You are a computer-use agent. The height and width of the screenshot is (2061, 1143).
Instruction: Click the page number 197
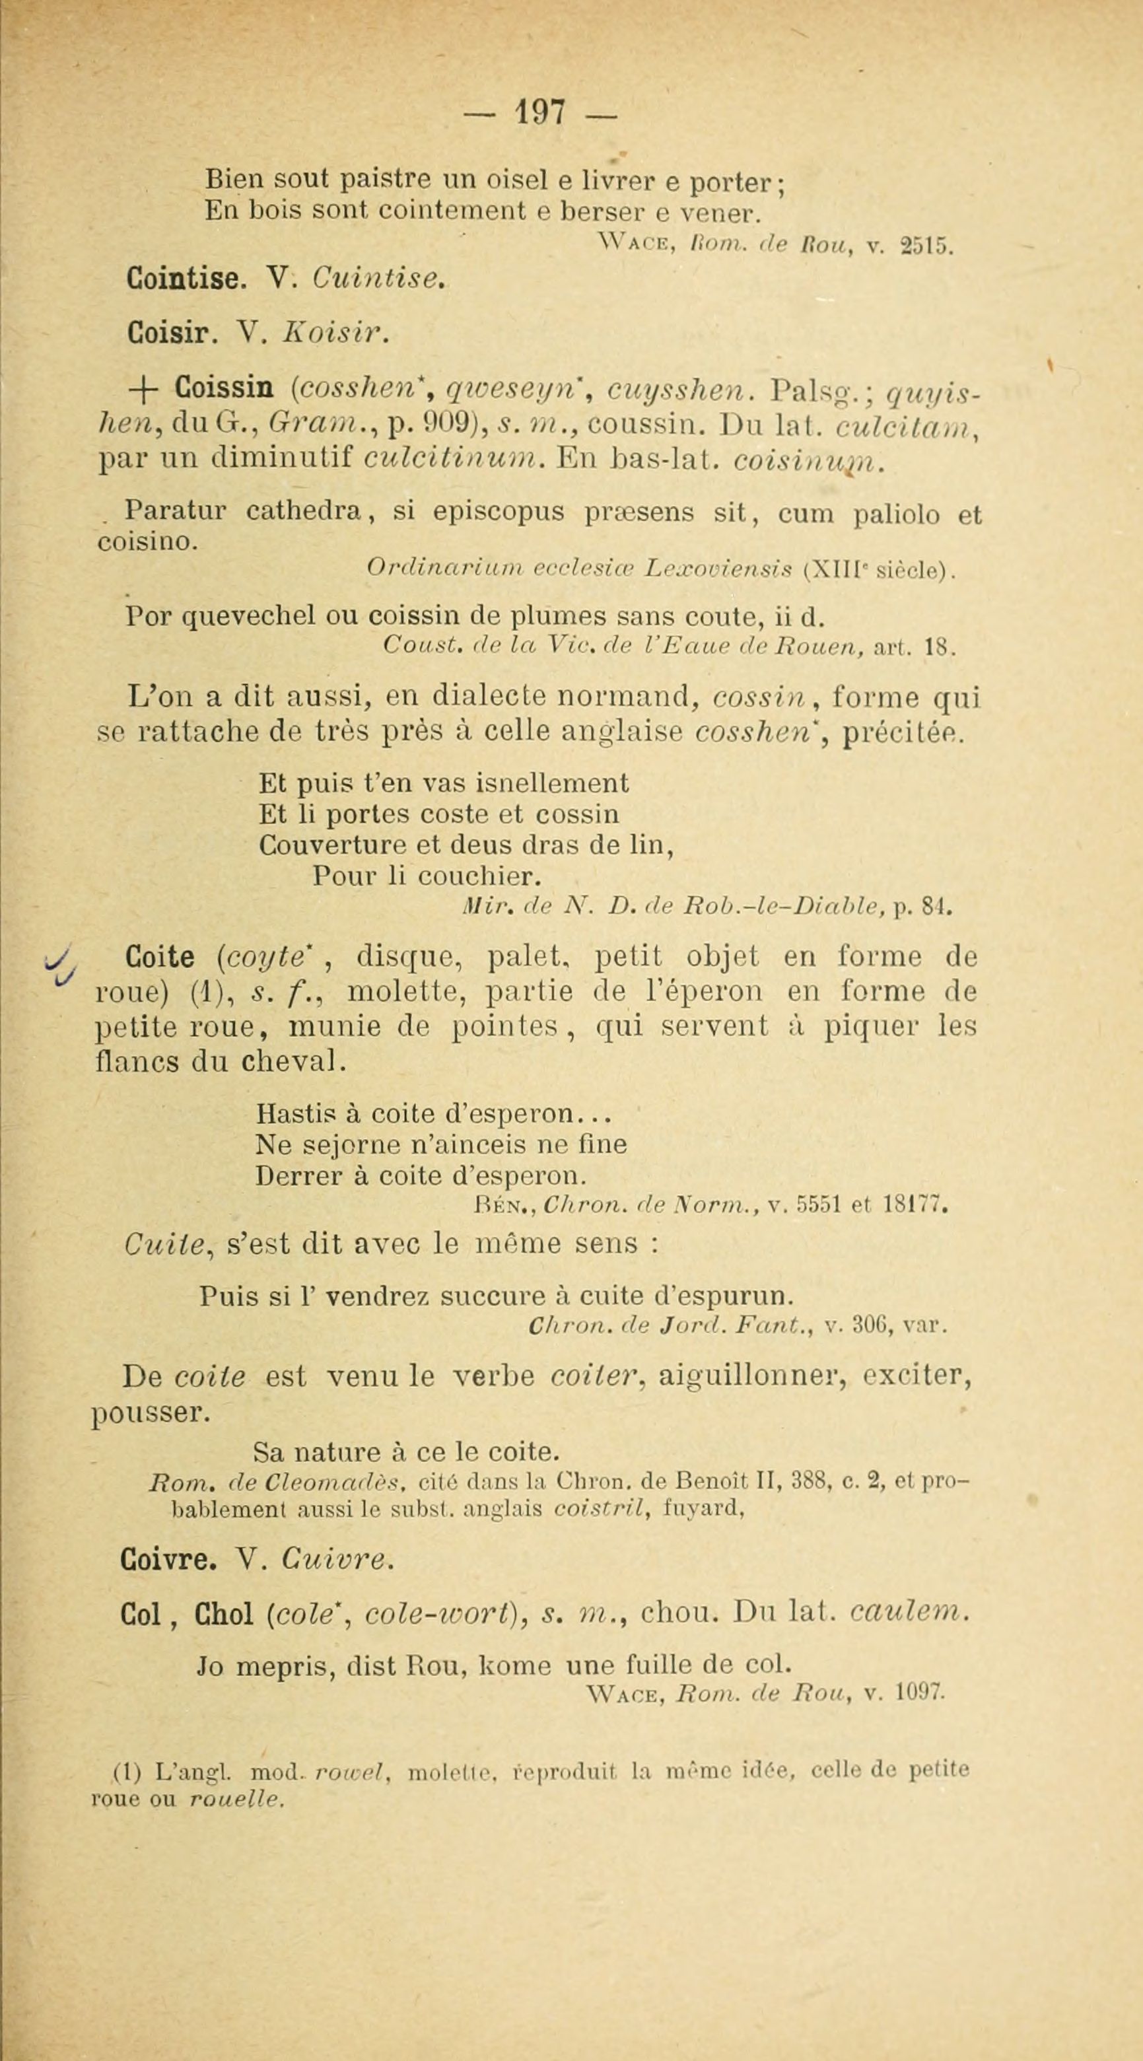pos(541,113)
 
